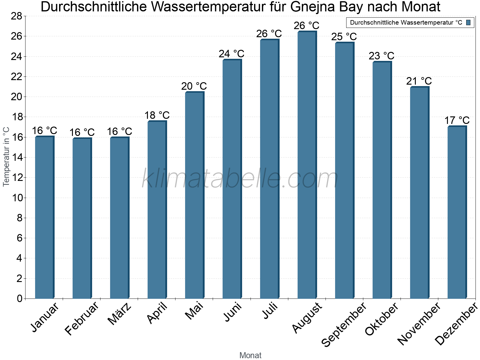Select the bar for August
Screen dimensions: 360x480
coord(307,165)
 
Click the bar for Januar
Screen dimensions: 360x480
coord(44,217)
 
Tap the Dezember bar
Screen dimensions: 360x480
coord(457,212)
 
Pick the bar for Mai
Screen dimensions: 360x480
coord(194,195)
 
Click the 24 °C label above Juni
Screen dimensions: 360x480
coord(231,54)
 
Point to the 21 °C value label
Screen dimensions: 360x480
coord(419,81)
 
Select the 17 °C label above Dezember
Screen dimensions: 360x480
coord(457,120)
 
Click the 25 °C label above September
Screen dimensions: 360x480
coord(344,37)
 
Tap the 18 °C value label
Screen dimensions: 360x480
coord(157,115)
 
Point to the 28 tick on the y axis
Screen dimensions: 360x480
coord(16,16)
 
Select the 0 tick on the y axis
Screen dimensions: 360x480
coord(20,298)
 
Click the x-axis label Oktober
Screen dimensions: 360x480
coord(382,319)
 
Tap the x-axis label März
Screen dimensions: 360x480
coord(119,314)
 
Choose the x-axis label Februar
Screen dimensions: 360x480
coord(81,318)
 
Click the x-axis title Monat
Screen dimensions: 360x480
coord(250,355)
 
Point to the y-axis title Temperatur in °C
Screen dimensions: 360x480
coord(6,157)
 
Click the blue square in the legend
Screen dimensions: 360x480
coord(468,22)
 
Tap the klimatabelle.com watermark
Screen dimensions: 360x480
coord(240,179)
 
